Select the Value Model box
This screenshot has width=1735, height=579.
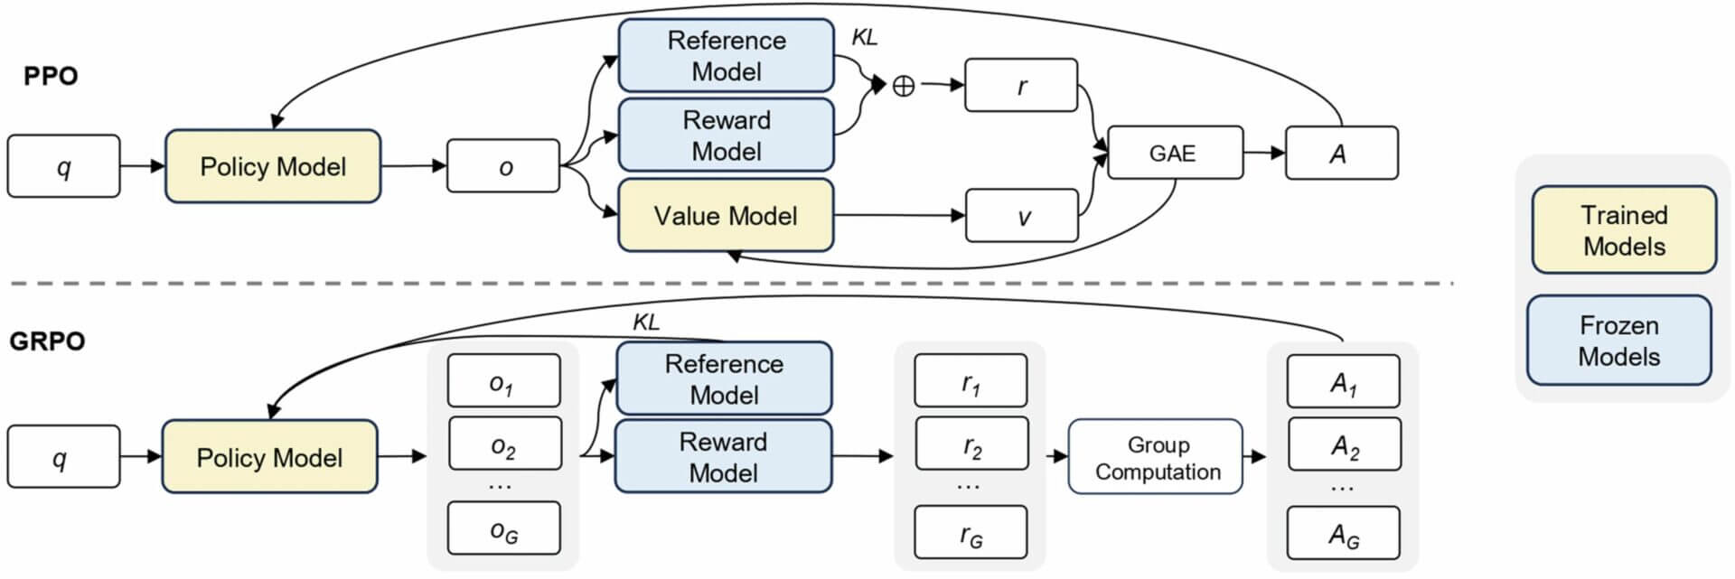tap(726, 215)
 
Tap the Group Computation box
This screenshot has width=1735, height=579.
tap(1156, 457)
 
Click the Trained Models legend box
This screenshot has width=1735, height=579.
tap(1624, 230)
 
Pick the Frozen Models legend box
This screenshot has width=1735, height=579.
tap(1618, 341)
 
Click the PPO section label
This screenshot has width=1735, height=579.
tap(51, 76)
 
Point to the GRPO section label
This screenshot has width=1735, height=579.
tap(47, 341)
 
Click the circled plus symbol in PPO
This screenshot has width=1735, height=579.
tap(903, 86)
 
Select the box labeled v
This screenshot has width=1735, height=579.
tap(1022, 216)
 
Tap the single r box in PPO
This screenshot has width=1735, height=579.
tap(1021, 86)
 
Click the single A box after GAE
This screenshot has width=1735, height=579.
tap(1341, 153)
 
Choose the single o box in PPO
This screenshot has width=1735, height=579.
tap(503, 166)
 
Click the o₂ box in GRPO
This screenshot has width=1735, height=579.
tap(504, 444)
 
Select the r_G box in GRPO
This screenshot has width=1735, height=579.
tap(971, 533)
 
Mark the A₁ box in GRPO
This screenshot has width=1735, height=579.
tap(1344, 382)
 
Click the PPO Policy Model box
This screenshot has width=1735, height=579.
tap(273, 166)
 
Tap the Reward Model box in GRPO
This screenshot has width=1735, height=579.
tap(723, 456)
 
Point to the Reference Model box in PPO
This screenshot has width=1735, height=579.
tap(726, 55)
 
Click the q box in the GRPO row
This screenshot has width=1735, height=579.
tap(63, 457)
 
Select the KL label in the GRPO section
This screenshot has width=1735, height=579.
tap(645, 322)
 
